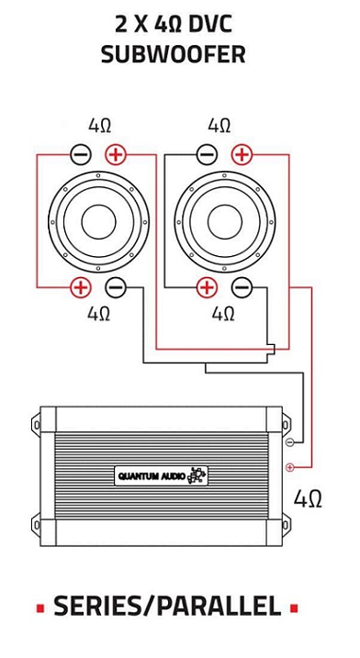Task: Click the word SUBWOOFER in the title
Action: point(174,54)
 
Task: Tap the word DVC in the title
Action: point(210,26)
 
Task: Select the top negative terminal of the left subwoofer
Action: point(81,155)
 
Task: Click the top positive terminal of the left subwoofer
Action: point(115,155)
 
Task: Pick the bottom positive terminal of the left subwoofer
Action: point(81,287)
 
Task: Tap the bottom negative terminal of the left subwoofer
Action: point(115,287)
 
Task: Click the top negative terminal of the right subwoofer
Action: point(207,155)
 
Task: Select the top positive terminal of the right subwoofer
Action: point(242,155)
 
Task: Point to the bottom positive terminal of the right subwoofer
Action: point(207,287)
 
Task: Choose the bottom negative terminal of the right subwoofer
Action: point(242,287)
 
